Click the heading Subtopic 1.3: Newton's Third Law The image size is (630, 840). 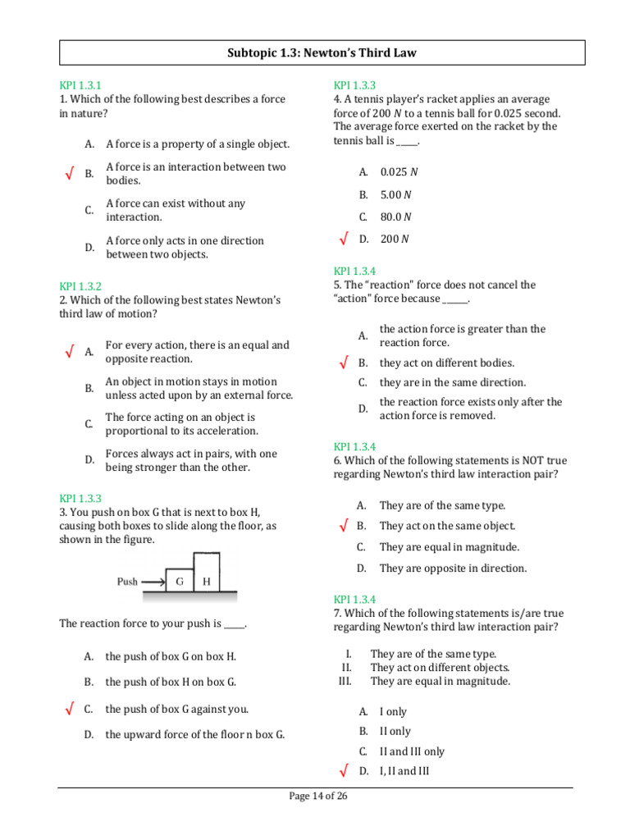pyautogui.click(x=322, y=53)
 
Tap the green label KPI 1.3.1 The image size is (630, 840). pyautogui.click(x=80, y=85)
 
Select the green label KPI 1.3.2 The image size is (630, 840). pyautogui.click(x=80, y=286)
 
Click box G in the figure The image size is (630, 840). pyautogui.click(x=179, y=581)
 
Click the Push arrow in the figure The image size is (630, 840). pyautogui.click(x=152, y=582)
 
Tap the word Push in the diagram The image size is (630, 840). pyautogui.click(x=127, y=582)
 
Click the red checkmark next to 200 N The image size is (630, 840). pyautogui.click(x=343, y=239)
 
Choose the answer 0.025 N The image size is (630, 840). pyautogui.click(x=399, y=172)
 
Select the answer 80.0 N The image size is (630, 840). pyautogui.click(x=396, y=217)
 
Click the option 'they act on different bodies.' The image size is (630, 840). pyautogui.click(x=447, y=363)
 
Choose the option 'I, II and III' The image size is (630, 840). pyautogui.click(x=404, y=771)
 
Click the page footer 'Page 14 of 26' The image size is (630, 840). pyautogui.click(x=319, y=797)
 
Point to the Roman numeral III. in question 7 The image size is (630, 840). pyautogui.click(x=345, y=681)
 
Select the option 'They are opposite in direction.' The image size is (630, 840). pyautogui.click(x=453, y=568)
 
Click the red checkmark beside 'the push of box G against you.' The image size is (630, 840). pyautogui.click(x=69, y=709)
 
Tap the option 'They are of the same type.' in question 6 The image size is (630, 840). pyautogui.click(x=442, y=506)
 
